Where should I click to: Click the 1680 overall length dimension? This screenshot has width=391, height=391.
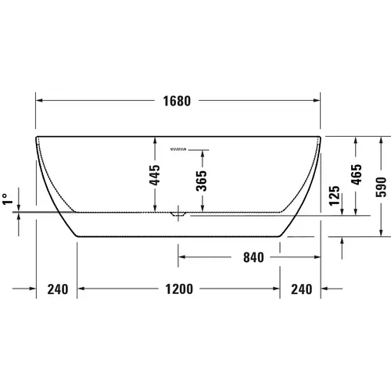point(178,101)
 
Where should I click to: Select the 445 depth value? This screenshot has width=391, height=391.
point(155,174)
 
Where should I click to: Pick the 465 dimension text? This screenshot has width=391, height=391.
point(357,174)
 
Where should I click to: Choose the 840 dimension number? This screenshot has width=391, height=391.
point(253,256)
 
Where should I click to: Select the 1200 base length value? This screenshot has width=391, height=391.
point(178,289)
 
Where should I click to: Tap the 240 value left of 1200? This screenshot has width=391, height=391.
point(57,289)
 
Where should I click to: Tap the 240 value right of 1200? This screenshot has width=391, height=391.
point(301,289)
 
